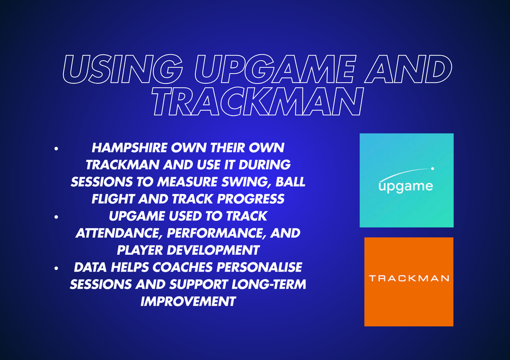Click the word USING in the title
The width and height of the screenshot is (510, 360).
[x=122, y=69]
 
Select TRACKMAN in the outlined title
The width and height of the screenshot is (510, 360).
[x=257, y=101]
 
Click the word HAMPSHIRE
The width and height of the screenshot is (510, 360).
[x=129, y=148]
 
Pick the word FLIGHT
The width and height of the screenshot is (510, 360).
[x=113, y=199]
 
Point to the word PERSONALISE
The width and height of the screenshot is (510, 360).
[x=259, y=267]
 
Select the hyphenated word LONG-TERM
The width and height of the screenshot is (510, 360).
[x=269, y=284]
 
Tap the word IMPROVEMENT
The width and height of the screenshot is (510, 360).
[x=188, y=301]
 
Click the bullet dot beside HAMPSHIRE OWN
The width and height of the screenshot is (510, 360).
[x=56, y=149]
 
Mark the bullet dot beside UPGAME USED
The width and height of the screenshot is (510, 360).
[x=56, y=217]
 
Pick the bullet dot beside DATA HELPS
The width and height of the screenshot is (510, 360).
[x=56, y=268]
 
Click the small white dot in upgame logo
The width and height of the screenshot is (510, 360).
[x=432, y=169]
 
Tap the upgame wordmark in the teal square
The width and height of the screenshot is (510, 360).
[x=406, y=187]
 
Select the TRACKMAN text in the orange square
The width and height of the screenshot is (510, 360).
[x=409, y=278]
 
